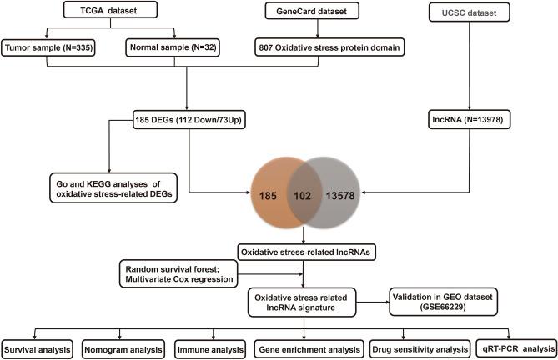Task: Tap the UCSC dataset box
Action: tap(480, 12)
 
